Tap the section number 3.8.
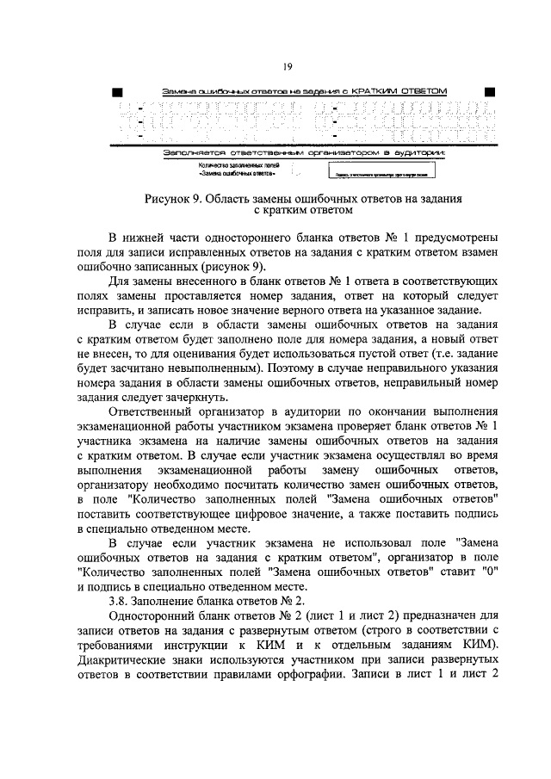(x=118, y=602)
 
